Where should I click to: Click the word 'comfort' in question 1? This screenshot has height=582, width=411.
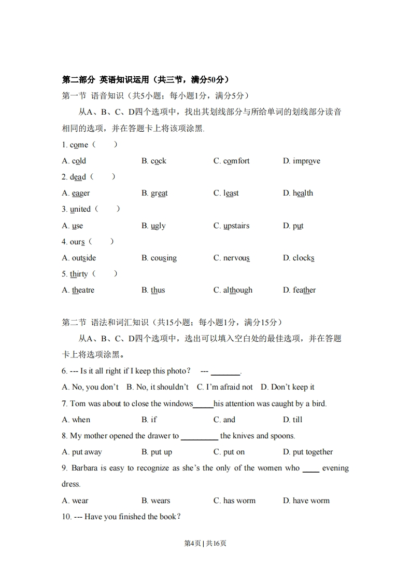tap(236, 161)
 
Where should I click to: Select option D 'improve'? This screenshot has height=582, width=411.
tap(306, 161)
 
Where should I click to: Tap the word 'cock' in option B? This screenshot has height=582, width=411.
tap(158, 161)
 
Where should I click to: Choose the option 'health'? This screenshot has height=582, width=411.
tap(303, 193)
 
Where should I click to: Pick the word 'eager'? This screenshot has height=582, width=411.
tap(80, 193)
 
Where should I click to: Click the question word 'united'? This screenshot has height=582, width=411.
tap(80, 209)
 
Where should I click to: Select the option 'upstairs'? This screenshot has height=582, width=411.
tap(236, 226)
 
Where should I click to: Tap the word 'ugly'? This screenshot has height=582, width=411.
tap(158, 226)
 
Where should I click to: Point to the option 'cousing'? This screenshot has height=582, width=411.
tap(163, 258)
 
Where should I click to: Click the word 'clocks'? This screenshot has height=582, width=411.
tap(303, 258)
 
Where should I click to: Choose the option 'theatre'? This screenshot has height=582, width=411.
tap(83, 290)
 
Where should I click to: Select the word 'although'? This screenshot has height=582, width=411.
tap(237, 290)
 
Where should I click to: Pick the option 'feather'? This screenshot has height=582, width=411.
tap(304, 290)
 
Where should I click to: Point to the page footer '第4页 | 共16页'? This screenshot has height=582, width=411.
tap(205, 544)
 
